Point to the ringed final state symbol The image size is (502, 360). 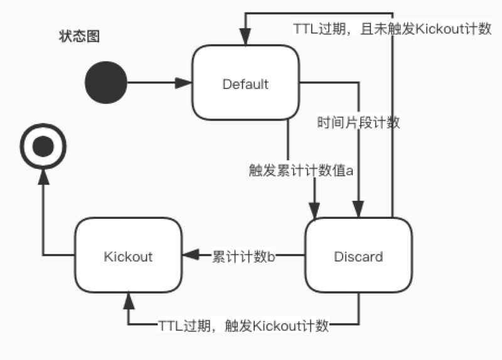pyautogui.click(x=42, y=148)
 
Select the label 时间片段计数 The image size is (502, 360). pyautogui.click(x=358, y=123)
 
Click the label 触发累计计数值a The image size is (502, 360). pyautogui.click(x=302, y=169)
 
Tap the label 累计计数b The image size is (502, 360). pyautogui.click(x=244, y=256)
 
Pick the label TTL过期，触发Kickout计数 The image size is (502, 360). pyautogui.click(x=243, y=326)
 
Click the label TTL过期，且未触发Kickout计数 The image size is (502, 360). pyautogui.click(x=392, y=29)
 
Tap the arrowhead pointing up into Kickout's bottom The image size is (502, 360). pyautogui.click(x=129, y=299)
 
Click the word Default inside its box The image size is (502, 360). pyautogui.click(x=245, y=84)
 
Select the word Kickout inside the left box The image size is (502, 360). pyautogui.click(x=128, y=257)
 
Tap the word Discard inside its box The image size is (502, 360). pyautogui.click(x=358, y=257)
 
